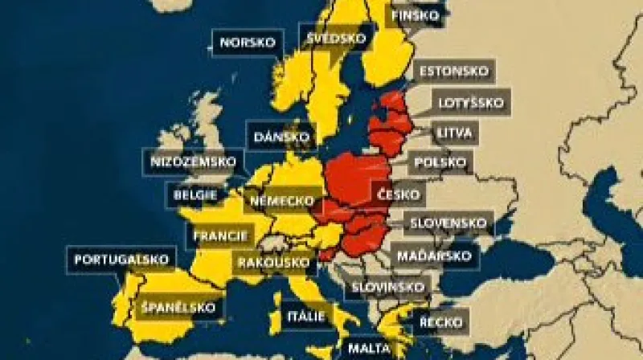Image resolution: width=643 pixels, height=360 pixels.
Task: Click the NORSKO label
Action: [x=248, y=42]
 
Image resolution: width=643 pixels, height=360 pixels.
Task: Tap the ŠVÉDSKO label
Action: [x=337, y=37]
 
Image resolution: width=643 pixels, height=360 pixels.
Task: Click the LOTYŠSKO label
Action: [x=471, y=102]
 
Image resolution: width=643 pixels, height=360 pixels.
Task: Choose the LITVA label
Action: [x=455, y=133]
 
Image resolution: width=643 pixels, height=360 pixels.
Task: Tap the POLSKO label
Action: [x=440, y=162]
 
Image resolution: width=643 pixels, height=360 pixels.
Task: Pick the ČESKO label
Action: [x=398, y=194]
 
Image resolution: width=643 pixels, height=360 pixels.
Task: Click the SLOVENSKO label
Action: [x=448, y=223]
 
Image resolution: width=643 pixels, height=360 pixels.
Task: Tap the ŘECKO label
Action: [x=441, y=322]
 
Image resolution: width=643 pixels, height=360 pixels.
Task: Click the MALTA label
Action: [x=369, y=349]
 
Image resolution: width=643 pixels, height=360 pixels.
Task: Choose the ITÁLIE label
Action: [x=305, y=316]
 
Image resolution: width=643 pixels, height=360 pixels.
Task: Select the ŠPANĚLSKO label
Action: [x=178, y=307]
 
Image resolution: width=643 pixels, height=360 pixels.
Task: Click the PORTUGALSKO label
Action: [x=121, y=260]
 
